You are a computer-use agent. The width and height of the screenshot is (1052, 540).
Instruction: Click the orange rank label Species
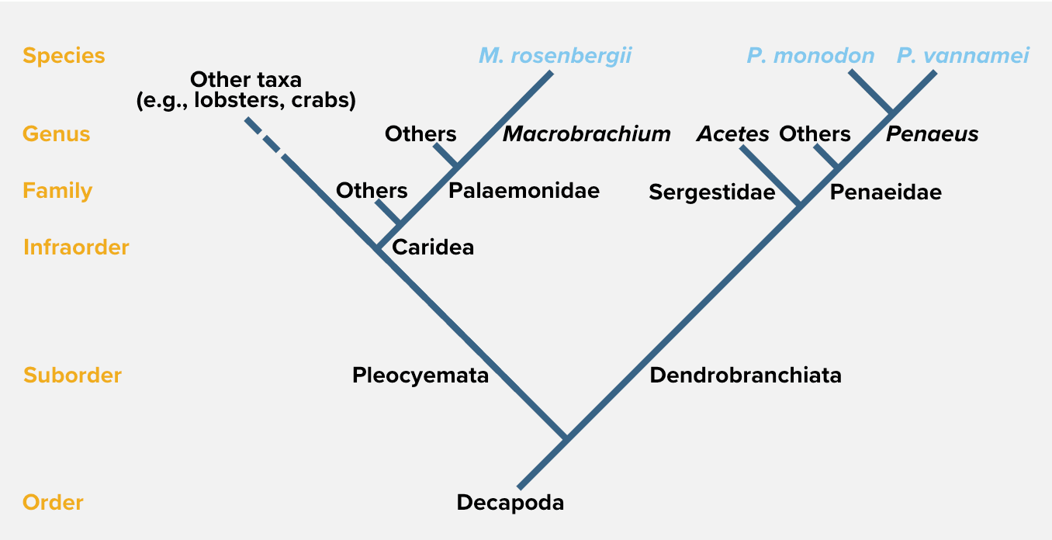coord(64,56)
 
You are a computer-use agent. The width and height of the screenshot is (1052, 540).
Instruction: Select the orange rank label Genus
coord(56,133)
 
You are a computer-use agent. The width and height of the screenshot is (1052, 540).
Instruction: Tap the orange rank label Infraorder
coord(76,247)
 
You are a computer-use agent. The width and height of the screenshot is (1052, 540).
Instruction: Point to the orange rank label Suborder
coord(72,376)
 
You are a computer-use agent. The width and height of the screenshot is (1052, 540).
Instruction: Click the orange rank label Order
coord(53,503)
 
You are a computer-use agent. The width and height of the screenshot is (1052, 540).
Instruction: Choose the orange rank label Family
coord(57,191)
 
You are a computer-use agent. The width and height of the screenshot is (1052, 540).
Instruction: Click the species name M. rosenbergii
coord(555,56)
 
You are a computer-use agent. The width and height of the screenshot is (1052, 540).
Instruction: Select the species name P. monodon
coord(811,56)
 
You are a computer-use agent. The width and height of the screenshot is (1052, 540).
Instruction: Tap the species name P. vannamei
coord(963,56)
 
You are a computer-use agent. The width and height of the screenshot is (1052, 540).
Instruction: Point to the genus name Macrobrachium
coord(587,134)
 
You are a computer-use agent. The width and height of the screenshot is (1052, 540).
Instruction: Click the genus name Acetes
coord(732,134)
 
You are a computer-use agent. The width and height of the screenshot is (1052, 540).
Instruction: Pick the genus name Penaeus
coord(932,134)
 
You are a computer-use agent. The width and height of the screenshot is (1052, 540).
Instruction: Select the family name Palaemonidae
coord(524,191)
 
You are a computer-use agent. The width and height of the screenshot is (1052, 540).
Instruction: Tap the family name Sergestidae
coord(711,192)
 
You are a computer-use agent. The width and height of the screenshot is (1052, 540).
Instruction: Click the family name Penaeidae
coord(885,192)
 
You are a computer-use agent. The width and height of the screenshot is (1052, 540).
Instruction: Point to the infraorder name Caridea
coord(433,247)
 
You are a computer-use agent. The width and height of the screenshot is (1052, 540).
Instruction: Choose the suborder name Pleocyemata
coord(420,376)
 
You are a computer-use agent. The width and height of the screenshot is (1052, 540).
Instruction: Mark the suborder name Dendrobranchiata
coord(746,376)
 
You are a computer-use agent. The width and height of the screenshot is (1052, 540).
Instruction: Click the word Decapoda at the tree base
coord(510,503)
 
